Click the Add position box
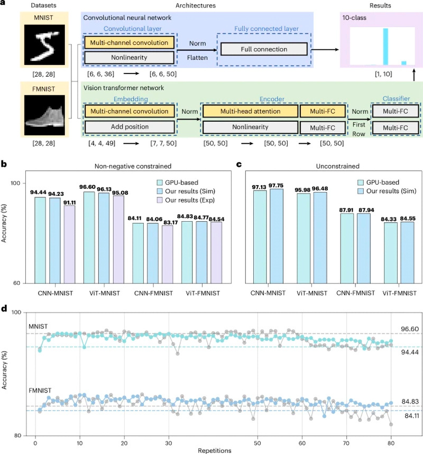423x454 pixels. click(x=129, y=127)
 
